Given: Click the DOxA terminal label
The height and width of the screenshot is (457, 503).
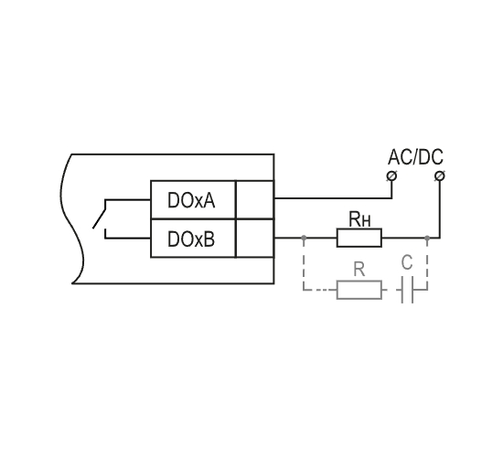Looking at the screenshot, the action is point(191,200).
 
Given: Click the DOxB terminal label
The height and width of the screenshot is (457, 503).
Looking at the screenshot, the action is point(191,239).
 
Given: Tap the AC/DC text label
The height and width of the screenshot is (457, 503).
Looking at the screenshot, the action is point(415,157).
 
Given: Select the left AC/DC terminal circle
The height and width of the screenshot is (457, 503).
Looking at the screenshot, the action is point(391,176).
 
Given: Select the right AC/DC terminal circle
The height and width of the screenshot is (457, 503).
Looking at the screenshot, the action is point(440,176).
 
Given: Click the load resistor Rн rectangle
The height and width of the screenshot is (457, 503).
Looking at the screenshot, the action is point(359,238).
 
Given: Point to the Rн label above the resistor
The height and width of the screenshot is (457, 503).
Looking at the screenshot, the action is point(359,219).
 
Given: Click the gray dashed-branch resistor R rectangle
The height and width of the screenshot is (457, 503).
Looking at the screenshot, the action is point(359,290).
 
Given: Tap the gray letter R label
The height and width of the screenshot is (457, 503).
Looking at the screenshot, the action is point(359,270).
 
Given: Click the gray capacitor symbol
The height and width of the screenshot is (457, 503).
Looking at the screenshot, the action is point(407,290).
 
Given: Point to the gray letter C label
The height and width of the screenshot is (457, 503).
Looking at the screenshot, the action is point(407,262).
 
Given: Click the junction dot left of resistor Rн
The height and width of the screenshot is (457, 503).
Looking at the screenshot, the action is point(304,238).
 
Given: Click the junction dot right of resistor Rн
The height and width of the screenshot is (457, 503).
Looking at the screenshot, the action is point(427,238).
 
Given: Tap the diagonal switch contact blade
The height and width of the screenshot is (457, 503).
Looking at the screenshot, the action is point(99,218).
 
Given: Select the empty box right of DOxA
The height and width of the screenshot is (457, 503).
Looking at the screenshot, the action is point(255,200).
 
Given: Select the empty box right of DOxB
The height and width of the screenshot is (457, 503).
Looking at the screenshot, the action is point(255,239).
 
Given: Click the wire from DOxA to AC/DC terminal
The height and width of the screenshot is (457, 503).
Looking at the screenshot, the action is point(334,198).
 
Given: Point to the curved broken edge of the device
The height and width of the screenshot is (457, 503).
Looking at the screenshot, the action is point(71,219).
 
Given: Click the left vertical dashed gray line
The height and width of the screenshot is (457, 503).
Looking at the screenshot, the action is point(304,264).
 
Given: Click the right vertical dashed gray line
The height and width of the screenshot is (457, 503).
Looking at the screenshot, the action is point(427,264).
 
